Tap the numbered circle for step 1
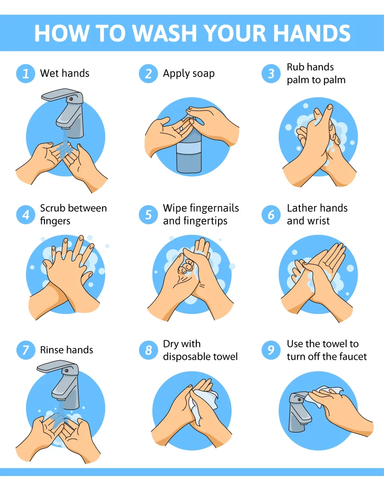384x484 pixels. click(x=26, y=74)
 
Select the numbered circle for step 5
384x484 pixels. click(x=148, y=215)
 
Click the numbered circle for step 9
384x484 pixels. click(x=271, y=350)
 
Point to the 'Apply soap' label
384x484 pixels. click(x=188, y=74)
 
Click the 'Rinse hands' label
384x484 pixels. click(x=66, y=350)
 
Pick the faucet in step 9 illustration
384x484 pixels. click(x=298, y=411)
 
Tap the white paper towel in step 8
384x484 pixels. click(x=203, y=399)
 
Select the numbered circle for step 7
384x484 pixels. click(x=26, y=350)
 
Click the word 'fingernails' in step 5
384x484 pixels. click(x=212, y=208)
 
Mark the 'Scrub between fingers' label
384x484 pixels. click(x=73, y=215)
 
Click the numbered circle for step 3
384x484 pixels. click(x=271, y=74)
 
